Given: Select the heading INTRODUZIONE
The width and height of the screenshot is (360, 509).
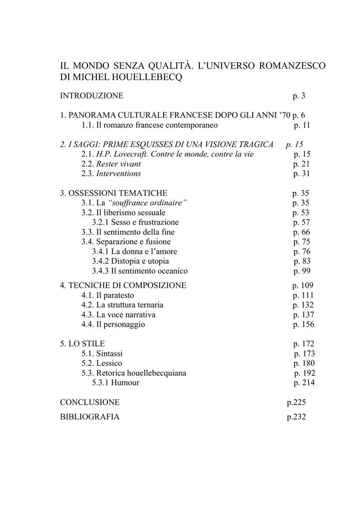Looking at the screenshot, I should click(91, 95).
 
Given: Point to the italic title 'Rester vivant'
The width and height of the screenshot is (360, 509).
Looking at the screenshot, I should click(118, 164).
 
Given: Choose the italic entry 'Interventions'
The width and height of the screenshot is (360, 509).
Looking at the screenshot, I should click(118, 174).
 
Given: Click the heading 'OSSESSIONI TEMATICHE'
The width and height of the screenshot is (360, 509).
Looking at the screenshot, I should click(118, 193).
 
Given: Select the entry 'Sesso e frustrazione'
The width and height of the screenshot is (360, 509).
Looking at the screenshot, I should click(145, 222).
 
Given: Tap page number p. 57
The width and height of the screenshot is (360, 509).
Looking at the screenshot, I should click(301, 222).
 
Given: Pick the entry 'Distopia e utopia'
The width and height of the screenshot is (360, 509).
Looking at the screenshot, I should click(140, 261).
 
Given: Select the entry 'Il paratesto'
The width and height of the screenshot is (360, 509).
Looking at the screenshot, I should click(115, 295).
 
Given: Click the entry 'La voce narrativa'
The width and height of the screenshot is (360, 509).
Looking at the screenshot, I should click(126, 315).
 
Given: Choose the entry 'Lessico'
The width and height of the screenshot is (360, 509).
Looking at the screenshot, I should click(109, 363).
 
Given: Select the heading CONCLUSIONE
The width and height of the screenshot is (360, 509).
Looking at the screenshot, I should click(90, 402).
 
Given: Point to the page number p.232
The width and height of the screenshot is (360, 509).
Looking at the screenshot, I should click(296, 417).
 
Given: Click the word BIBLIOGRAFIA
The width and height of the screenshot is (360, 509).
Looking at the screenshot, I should click(90, 417).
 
